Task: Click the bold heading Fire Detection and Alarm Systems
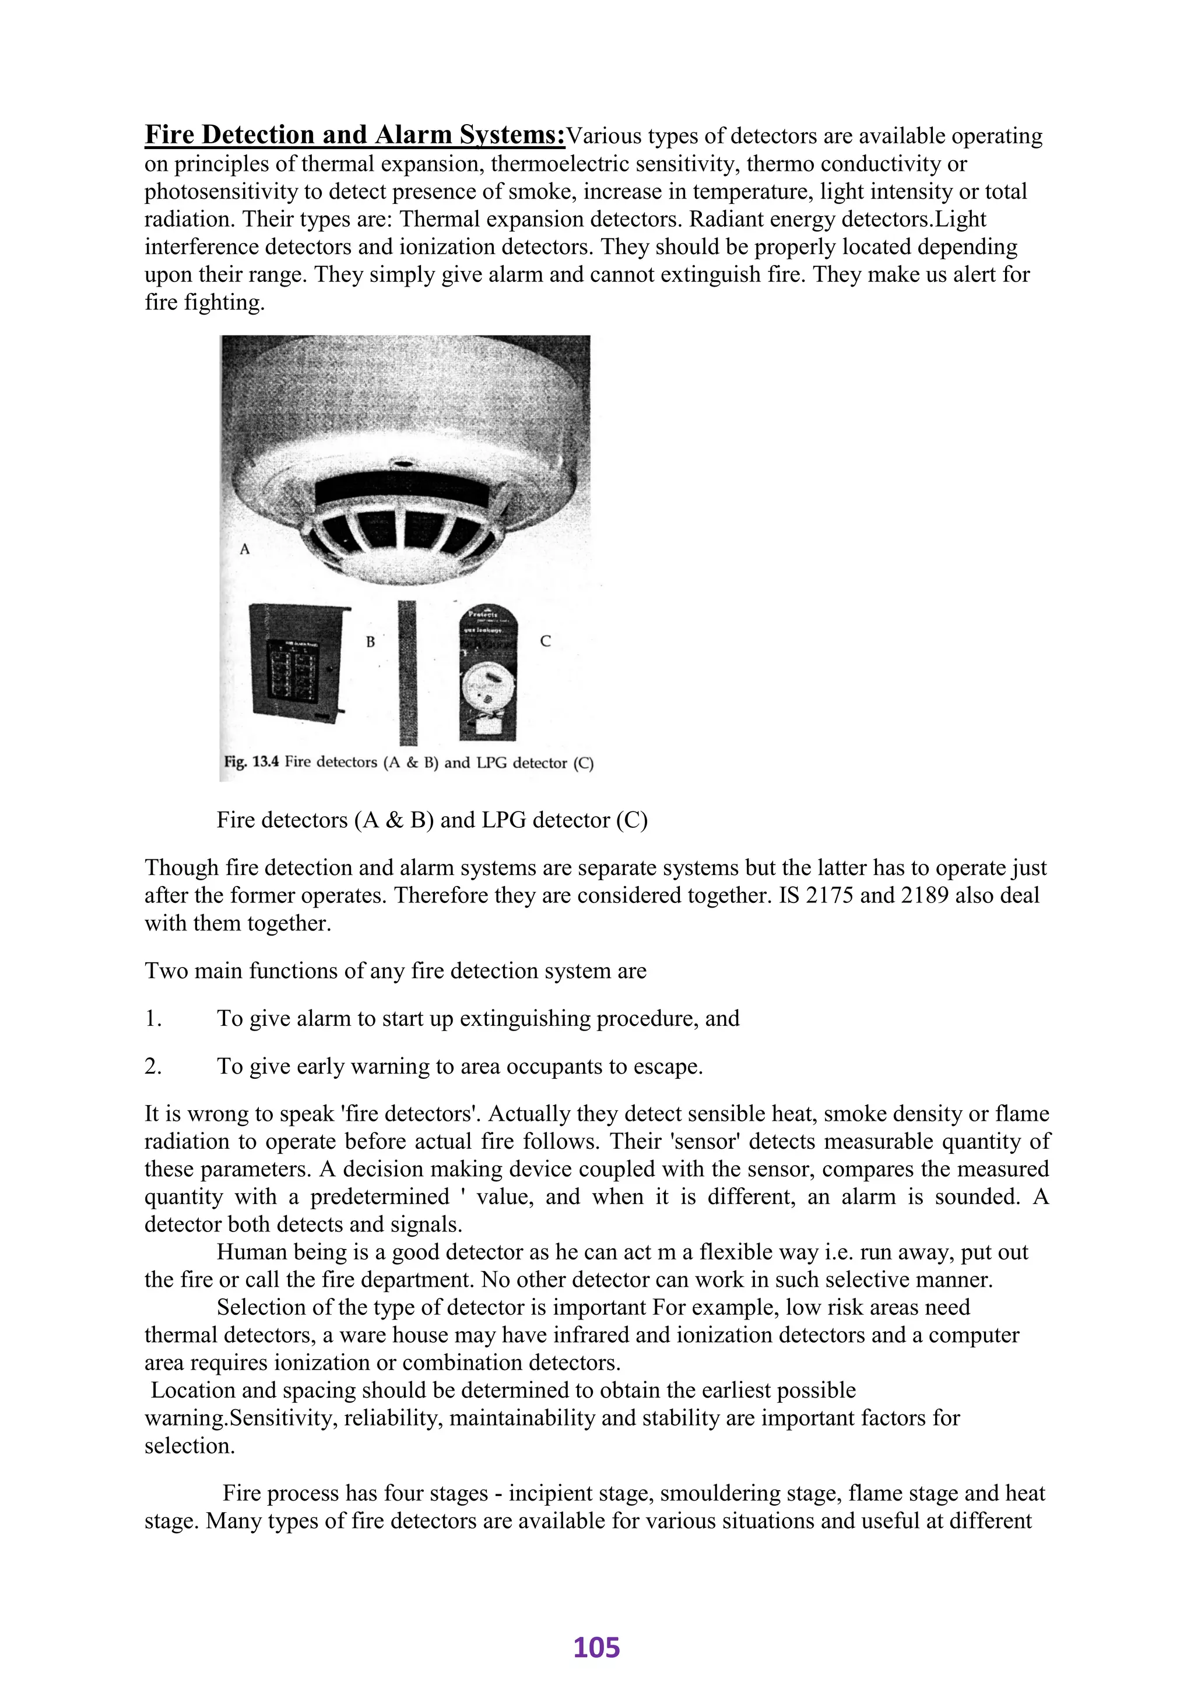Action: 354,135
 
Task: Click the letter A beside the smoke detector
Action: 245,548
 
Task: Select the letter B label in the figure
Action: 371,641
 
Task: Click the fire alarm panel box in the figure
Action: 296,661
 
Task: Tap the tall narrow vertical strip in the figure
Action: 408,672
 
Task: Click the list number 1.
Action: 152,1019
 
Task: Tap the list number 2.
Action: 152,1067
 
